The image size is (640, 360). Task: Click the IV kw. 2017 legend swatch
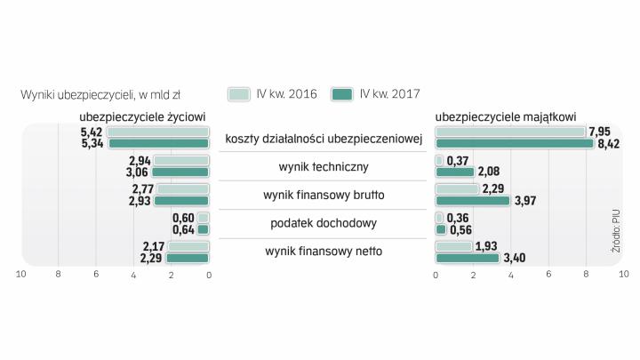tap(341, 93)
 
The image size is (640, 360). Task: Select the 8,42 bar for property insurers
tap(514, 144)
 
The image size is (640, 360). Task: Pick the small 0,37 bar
tap(439, 160)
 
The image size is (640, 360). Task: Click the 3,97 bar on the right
tap(473, 201)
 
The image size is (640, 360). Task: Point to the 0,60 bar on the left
tap(203, 218)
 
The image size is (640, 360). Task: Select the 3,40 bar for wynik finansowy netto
tap(468, 258)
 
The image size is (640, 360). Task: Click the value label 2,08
tap(488, 172)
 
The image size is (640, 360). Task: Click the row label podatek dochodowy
tap(323, 222)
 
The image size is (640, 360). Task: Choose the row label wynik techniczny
tap(323, 166)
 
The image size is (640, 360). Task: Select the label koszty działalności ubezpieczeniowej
tap(323, 138)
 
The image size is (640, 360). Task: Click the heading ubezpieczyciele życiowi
tap(143, 116)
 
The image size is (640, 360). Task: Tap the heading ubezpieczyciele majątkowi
tap(506, 116)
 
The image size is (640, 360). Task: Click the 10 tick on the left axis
tap(21, 275)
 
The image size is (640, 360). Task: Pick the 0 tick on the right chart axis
tap(436, 275)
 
